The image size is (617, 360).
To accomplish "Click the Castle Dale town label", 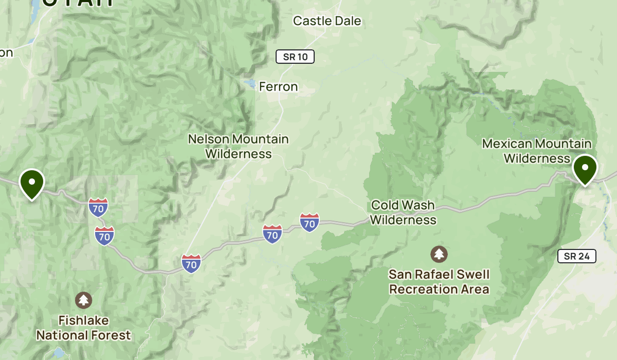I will tap(327, 21).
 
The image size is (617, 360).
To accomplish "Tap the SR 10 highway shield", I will tap(295, 57).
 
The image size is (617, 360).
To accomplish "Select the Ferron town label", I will tap(278, 87).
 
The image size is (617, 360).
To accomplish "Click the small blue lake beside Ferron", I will tap(250, 84).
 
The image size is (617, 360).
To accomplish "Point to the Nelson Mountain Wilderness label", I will tap(238, 146).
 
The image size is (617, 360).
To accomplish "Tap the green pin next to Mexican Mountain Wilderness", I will tap(585, 169).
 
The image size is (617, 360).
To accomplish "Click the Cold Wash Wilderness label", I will tap(403, 212).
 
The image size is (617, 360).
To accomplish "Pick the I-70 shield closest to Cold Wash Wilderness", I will tap(309, 223).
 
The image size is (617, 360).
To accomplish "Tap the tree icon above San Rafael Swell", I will tap(439, 254).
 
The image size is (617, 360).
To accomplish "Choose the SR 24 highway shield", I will tap(576, 256).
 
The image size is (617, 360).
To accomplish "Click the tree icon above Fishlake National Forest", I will tap(83, 300).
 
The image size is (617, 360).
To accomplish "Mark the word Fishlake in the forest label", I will tap(83, 321).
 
